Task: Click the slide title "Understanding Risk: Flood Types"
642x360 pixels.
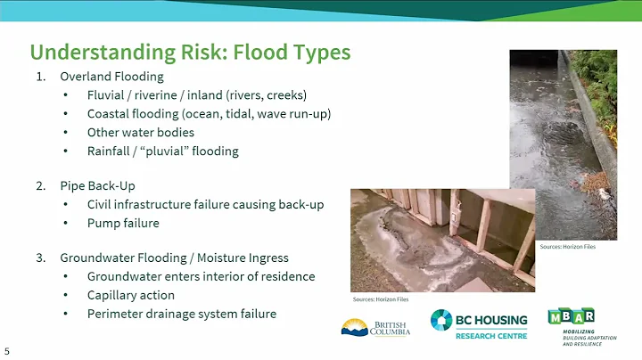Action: pos(190,52)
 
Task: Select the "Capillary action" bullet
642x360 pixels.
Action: pos(130,295)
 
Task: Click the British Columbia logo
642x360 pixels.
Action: pos(374,326)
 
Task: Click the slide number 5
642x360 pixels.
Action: pos(7,351)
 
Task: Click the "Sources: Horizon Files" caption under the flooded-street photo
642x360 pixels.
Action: pos(567,247)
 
